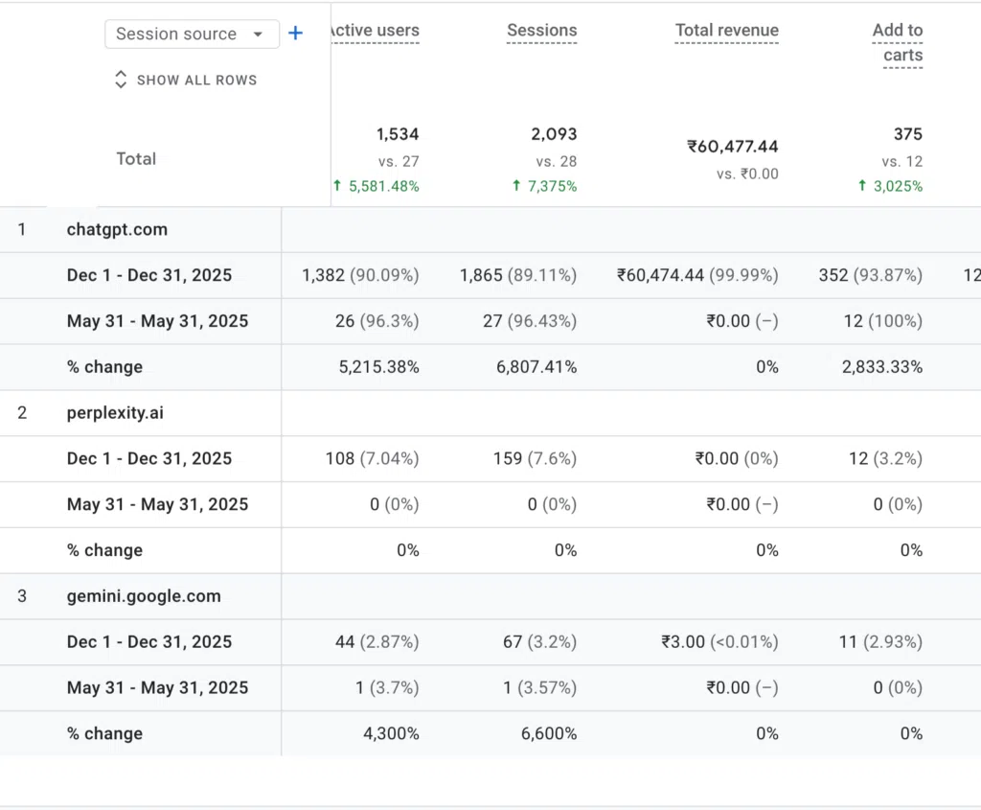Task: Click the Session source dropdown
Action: (192, 34)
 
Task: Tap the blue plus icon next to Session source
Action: (295, 34)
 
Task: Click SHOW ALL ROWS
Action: (186, 81)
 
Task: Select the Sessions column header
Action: (542, 30)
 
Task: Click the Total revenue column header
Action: (727, 30)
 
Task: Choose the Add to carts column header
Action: (898, 42)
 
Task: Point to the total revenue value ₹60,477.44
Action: (733, 147)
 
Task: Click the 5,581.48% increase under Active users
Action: (376, 186)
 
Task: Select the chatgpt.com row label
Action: (117, 230)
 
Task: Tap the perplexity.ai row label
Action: (115, 413)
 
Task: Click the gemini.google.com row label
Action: (144, 596)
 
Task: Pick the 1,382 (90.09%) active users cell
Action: (360, 275)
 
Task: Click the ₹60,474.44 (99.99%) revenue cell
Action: (697, 275)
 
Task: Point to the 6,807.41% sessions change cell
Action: (536, 367)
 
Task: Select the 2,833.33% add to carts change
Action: (882, 367)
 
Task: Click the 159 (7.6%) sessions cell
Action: (535, 459)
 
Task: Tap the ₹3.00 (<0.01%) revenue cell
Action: (720, 642)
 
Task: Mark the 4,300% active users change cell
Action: (391, 733)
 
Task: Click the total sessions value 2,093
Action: (555, 134)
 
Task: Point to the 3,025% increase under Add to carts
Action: (890, 186)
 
